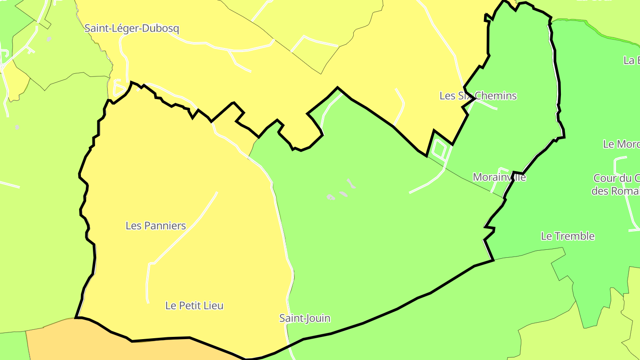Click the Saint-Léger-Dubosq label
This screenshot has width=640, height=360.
[x=132, y=28]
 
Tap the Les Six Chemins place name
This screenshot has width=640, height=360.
[x=478, y=96]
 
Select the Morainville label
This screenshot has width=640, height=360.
[x=499, y=177]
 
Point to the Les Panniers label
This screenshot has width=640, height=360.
[x=156, y=226]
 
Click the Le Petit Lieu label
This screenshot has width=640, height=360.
[x=194, y=306]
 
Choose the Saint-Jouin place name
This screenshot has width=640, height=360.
[x=304, y=318]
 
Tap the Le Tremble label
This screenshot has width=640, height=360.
[x=568, y=236]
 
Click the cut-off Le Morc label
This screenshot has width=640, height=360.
[x=621, y=144]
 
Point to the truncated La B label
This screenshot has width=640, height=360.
[x=632, y=60]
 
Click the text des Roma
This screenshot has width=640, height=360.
[x=615, y=191]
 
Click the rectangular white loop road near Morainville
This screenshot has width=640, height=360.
[x=439, y=149]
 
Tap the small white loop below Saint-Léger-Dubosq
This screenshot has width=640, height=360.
[x=119, y=88]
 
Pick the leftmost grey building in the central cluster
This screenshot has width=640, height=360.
[x=331, y=197]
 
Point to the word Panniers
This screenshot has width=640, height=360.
[x=164, y=226]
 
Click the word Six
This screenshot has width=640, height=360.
[x=465, y=96]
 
